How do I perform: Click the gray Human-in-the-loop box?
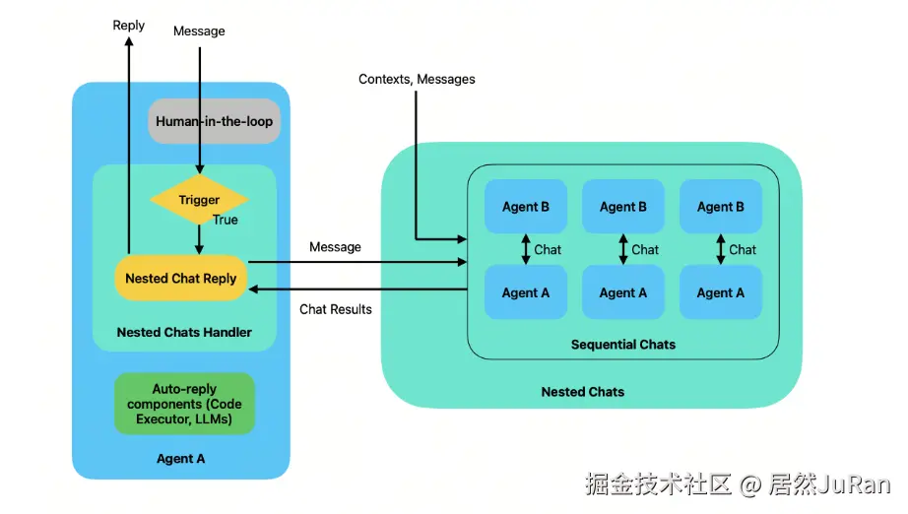215,122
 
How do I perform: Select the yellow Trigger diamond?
199,201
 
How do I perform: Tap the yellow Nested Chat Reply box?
180,279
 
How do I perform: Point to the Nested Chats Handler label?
184,333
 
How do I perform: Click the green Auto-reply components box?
184,404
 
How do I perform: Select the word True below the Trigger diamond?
226,220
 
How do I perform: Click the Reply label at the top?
129,25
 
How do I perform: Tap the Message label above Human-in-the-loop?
199,31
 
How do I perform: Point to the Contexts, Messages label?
417,79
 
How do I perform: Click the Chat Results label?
336,309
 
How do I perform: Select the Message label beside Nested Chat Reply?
335,247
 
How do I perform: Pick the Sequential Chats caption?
623,345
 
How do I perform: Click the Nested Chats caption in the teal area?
583,392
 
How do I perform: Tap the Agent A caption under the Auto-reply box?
181,459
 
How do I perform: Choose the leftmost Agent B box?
526,207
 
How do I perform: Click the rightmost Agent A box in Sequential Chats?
721,292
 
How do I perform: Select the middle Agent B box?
623,207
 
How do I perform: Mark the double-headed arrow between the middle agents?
622,249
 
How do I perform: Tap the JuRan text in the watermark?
856,484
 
